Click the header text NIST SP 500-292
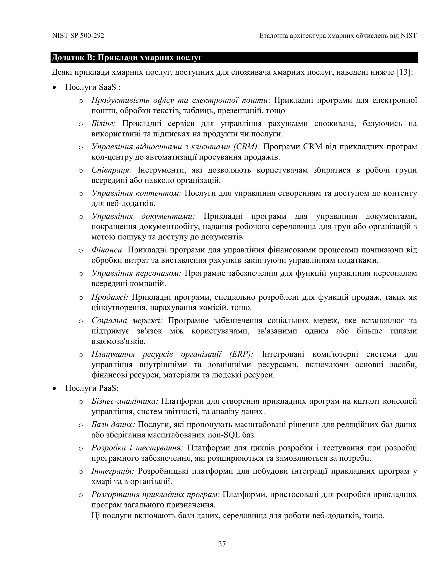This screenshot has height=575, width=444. pos(78,36)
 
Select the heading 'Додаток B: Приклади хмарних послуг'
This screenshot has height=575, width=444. pos(127,57)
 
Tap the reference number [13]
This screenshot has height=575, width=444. pos(403,72)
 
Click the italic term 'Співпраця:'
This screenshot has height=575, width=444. pos(111,170)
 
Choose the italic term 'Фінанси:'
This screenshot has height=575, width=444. pos(108,250)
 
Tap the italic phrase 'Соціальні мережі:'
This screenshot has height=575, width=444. pos(127,320)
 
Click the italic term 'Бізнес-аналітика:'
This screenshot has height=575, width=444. pos(125,401)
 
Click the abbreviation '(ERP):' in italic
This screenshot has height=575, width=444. pos(241,354)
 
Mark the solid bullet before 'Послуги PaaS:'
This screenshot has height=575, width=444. pos(54,388)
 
